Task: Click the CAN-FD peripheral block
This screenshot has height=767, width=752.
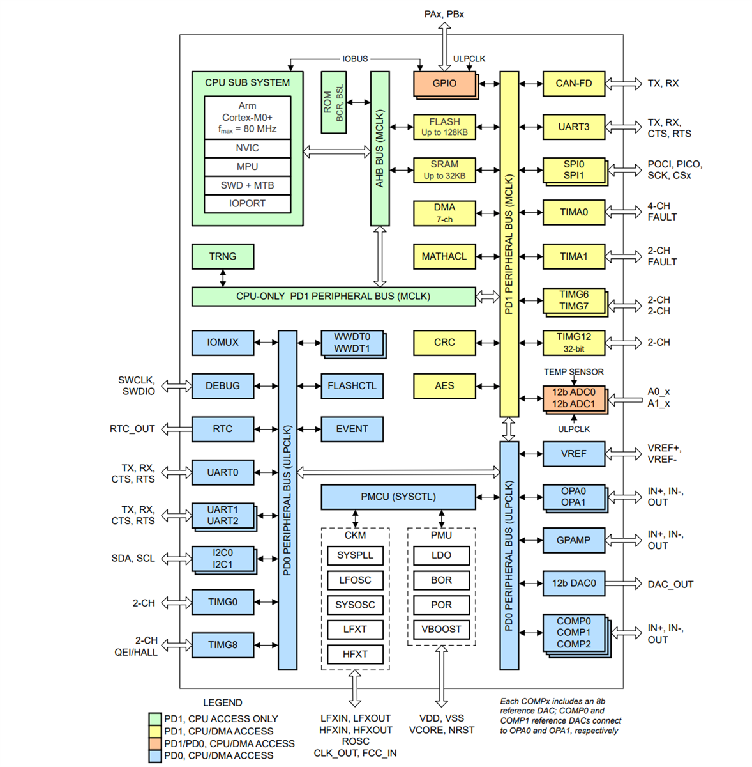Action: coord(573,84)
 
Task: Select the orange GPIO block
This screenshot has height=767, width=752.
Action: coord(444,84)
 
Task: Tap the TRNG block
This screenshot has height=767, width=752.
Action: coord(223,256)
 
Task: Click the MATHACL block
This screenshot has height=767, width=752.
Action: coord(444,256)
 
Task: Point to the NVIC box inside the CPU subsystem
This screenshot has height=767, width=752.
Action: coord(247,148)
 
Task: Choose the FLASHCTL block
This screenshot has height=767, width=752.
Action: coord(352,386)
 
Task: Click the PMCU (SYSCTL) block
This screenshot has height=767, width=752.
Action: coord(398,497)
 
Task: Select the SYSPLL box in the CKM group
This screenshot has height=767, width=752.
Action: coord(355,555)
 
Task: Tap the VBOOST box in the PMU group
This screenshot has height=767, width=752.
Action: coord(441,630)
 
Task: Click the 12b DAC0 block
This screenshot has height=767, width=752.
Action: coord(573,584)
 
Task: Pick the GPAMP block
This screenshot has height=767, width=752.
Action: coord(573,540)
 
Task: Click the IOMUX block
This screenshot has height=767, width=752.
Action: coord(223,343)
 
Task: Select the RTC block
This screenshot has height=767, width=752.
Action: coord(223,429)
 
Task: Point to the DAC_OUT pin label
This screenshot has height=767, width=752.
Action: coord(670,584)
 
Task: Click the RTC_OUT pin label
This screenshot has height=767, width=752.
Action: coord(132,429)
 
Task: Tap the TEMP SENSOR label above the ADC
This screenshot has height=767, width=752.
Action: coord(573,372)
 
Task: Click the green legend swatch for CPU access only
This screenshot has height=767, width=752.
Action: coord(154,719)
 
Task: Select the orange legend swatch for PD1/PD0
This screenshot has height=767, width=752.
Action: coord(154,744)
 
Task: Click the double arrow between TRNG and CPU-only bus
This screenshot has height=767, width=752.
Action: coord(223,278)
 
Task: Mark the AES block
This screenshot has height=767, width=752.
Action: coord(444,386)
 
